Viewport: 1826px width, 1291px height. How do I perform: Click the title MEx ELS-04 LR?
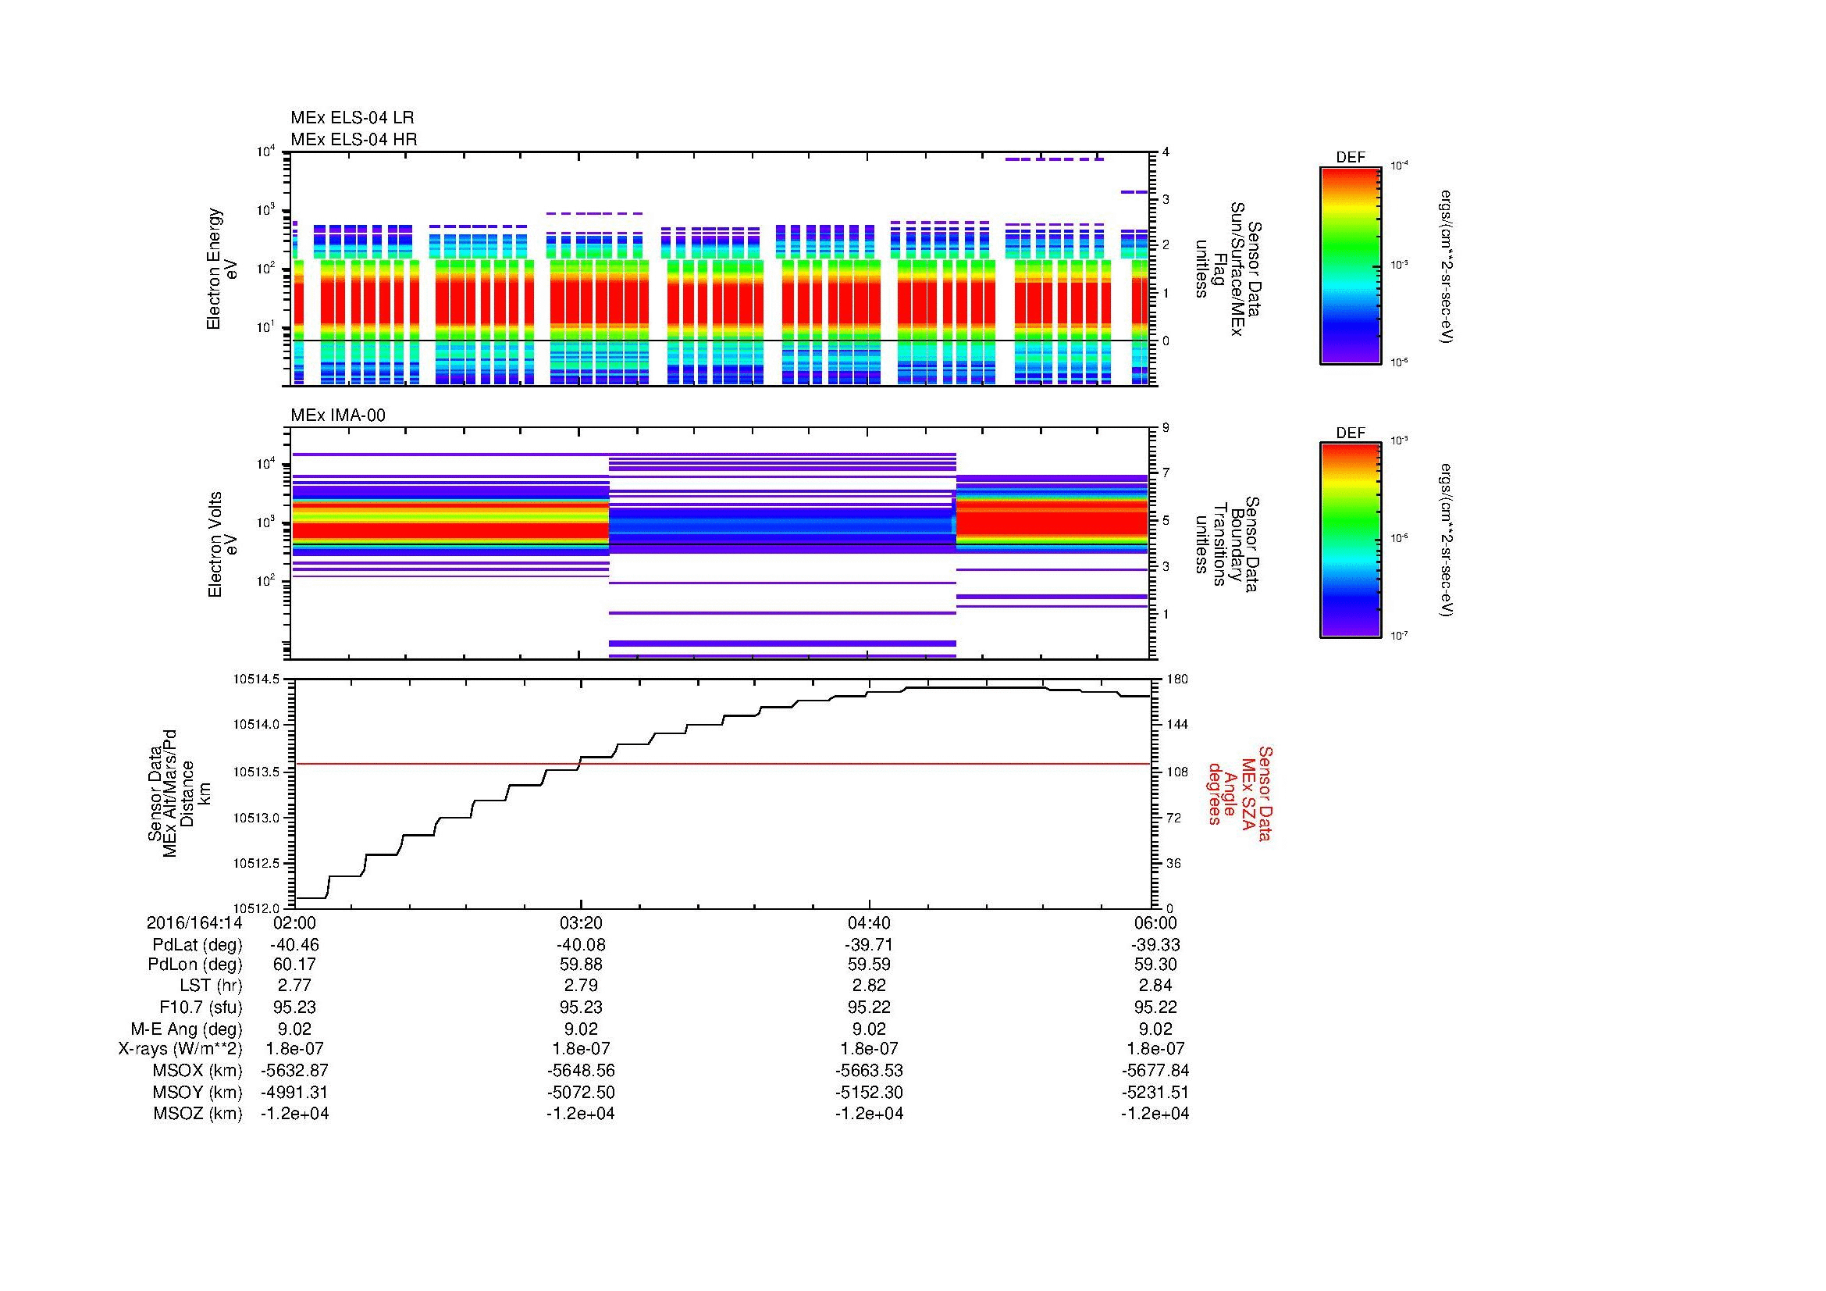[352, 118]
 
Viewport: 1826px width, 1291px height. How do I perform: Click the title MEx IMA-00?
[338, 415]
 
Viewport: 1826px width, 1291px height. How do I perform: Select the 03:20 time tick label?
[581, 923]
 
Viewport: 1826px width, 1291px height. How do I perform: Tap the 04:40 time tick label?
[869, 923]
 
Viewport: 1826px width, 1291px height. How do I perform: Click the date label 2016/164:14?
[194, 923]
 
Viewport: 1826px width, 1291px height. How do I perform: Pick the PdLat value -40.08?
[581, 945]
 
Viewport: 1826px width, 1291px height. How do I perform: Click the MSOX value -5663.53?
[869, 1071]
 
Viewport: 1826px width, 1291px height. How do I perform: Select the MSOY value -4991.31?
[294, 1092]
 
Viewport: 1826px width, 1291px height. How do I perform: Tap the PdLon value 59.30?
[1156, 965]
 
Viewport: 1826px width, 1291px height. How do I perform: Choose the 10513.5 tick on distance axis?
[255, 772]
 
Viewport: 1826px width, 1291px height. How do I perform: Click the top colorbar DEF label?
[1351, 158]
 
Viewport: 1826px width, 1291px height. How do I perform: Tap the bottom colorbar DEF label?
[1351, 433]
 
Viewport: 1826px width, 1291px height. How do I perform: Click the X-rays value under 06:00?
[1156, 1049]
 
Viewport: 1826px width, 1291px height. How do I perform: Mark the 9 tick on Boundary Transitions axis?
[1166, 428]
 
